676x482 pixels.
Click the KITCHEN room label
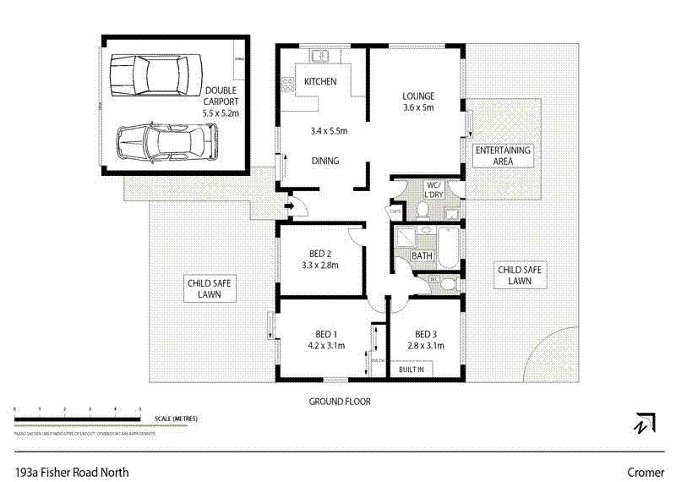(320, 82)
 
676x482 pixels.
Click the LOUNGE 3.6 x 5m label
(417, 101)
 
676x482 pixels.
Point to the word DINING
(325, 161)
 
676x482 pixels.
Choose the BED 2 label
(319, 258)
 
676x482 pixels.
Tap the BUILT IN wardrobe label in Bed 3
(412, 370)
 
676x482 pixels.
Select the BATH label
(421, 255)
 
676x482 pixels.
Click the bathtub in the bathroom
(448, 246)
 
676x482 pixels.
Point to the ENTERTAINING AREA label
(503, 156)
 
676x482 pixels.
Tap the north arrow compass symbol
(645, 422)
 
